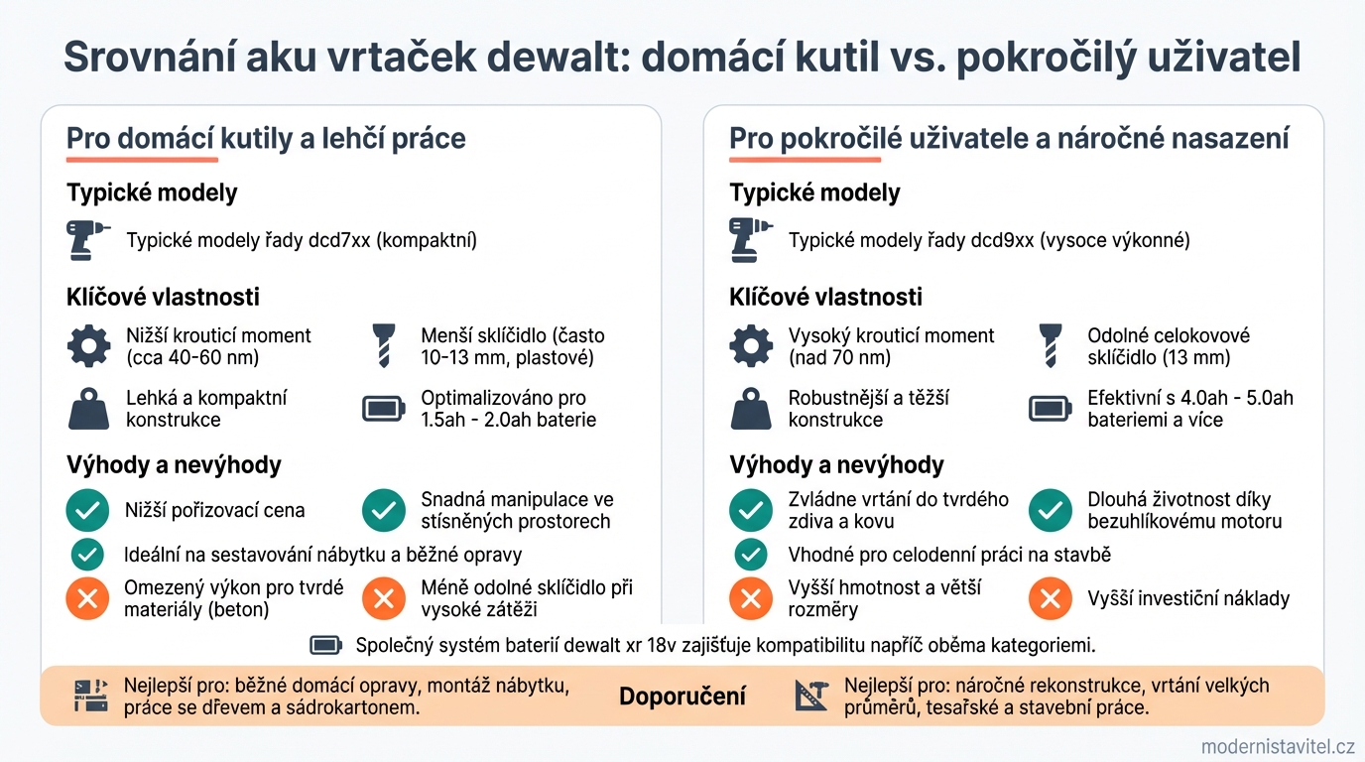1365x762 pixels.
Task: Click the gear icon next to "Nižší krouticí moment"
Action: [88, 346]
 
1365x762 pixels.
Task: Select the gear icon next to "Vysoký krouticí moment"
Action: [751, 346]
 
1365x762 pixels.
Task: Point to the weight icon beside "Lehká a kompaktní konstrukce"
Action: [88, 409]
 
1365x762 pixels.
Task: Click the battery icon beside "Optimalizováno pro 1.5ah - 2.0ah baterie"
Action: [384, 409]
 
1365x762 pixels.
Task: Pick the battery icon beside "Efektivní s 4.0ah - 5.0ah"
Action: [1050, 409]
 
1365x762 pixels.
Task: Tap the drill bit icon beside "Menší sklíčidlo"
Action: [383, 346]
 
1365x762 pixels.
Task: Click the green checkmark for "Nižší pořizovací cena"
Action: [87, 511]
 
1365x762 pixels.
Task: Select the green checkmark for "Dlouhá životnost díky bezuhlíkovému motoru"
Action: [1050, 511]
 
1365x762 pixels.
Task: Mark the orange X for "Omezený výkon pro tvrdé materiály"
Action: [87, 598]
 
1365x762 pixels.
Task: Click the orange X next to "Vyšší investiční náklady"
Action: [1050, 598]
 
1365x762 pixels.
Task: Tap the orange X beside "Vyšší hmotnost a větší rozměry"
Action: [751, 598]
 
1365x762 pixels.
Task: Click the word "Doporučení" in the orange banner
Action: [682, 697]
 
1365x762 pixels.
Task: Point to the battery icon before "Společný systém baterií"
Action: [325, 646]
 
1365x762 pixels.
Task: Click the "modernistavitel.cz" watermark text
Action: [1278, 746]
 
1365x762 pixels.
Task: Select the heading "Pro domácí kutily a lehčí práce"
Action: [266, 138]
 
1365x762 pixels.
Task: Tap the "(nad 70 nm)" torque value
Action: [839, 358]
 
